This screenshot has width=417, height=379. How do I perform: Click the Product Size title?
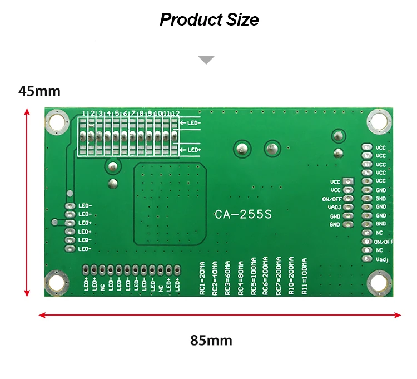point(209,20)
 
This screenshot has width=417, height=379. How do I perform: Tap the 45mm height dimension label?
point(39,91)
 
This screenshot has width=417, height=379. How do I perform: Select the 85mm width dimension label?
point(211,340)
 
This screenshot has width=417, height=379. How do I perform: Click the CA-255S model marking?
point(243,214)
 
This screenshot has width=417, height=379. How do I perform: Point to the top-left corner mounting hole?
point(57,121)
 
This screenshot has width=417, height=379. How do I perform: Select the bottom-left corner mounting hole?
point(57,282)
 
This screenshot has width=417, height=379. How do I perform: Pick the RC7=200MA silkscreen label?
point(279,277)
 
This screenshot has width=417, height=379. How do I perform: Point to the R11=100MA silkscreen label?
point(304,277)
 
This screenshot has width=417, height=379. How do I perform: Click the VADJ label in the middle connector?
point(334,207)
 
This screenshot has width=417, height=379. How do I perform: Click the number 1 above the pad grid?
point(83,114)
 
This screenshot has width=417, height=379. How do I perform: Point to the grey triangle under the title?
point(207,60)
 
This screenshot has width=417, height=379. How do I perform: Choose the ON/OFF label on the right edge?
point(384,242)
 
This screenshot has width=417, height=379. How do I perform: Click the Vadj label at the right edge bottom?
point(381,259)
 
